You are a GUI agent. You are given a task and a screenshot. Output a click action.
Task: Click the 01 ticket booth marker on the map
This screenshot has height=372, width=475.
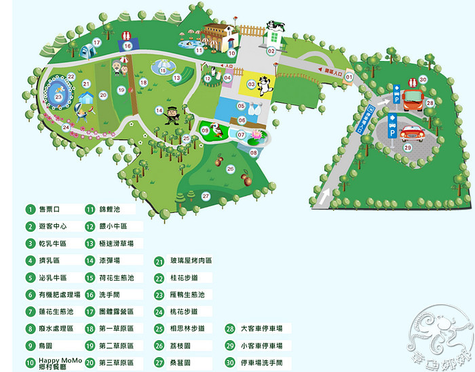point(349,77)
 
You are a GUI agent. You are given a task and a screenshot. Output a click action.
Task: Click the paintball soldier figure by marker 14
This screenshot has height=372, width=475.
point(172,115)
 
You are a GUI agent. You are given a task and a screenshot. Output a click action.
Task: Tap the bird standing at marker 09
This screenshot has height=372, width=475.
point(216,129)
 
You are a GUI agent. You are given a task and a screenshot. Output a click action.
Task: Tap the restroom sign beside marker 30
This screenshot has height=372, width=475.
point(411,82)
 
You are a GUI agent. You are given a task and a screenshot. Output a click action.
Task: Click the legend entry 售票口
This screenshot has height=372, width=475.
point(51,209)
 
